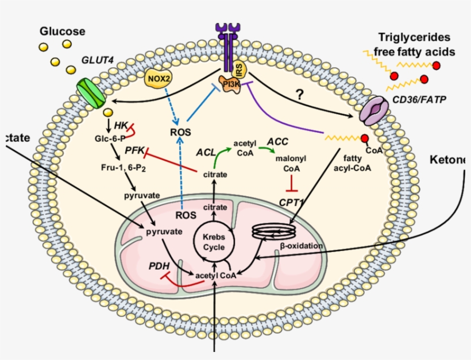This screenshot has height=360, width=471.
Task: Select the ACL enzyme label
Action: coord(205,152)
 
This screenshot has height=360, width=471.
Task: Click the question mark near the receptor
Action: coord(299,96)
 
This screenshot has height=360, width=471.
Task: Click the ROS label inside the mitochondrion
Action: coord(185,215)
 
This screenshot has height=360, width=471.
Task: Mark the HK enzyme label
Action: coord(120,124)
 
